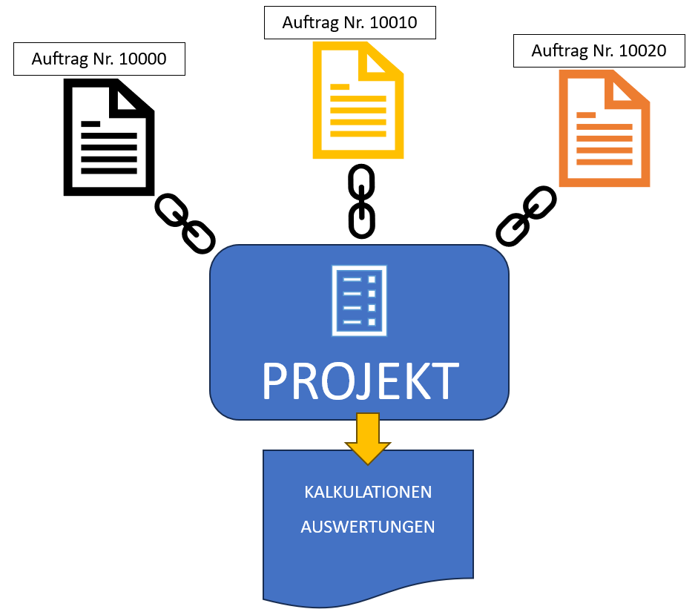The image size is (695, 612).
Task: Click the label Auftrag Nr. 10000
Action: pos(99,59)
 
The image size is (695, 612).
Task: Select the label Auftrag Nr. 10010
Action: pos(349,22)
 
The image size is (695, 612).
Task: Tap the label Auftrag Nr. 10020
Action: pos(599,51)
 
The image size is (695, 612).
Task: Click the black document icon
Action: pos(109,137)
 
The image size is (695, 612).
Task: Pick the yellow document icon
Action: pos(358,100)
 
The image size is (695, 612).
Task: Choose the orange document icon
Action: pos(604,128)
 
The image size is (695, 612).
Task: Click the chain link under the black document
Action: pos(185,223)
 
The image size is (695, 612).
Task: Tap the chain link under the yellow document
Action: pos(362,202)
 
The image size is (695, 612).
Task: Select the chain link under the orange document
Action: pos(526,216)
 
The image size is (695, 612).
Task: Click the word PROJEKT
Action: pos(360,381)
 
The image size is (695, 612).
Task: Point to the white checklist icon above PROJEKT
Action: pos(360,300)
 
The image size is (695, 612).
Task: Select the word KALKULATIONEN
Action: pos(368,492)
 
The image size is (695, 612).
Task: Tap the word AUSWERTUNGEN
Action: pos(368,527)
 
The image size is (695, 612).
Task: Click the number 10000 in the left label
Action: pos(142,59)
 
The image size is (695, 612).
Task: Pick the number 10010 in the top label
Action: pos(393,22)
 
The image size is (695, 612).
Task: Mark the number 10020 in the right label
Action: pos(642,51)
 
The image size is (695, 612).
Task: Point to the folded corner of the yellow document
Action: pos(381,61)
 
